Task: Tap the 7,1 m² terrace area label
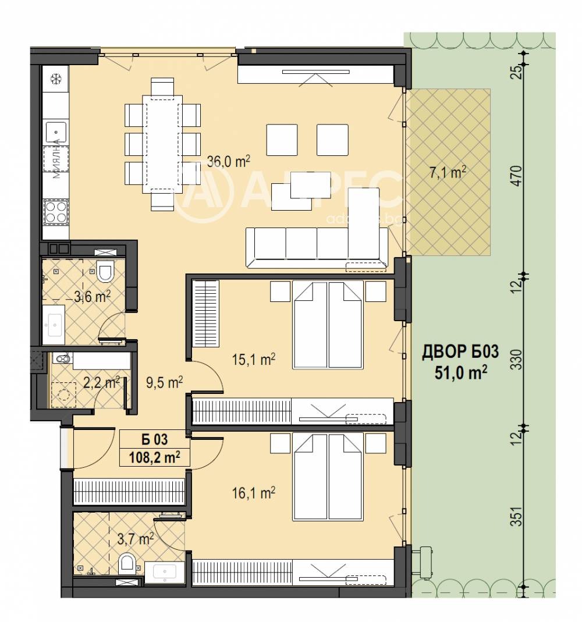(x=448, y=173)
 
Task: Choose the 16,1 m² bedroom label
(x=257, y=493)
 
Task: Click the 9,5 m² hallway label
(x=165, y=382)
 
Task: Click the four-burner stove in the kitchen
(x=55, y=211)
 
